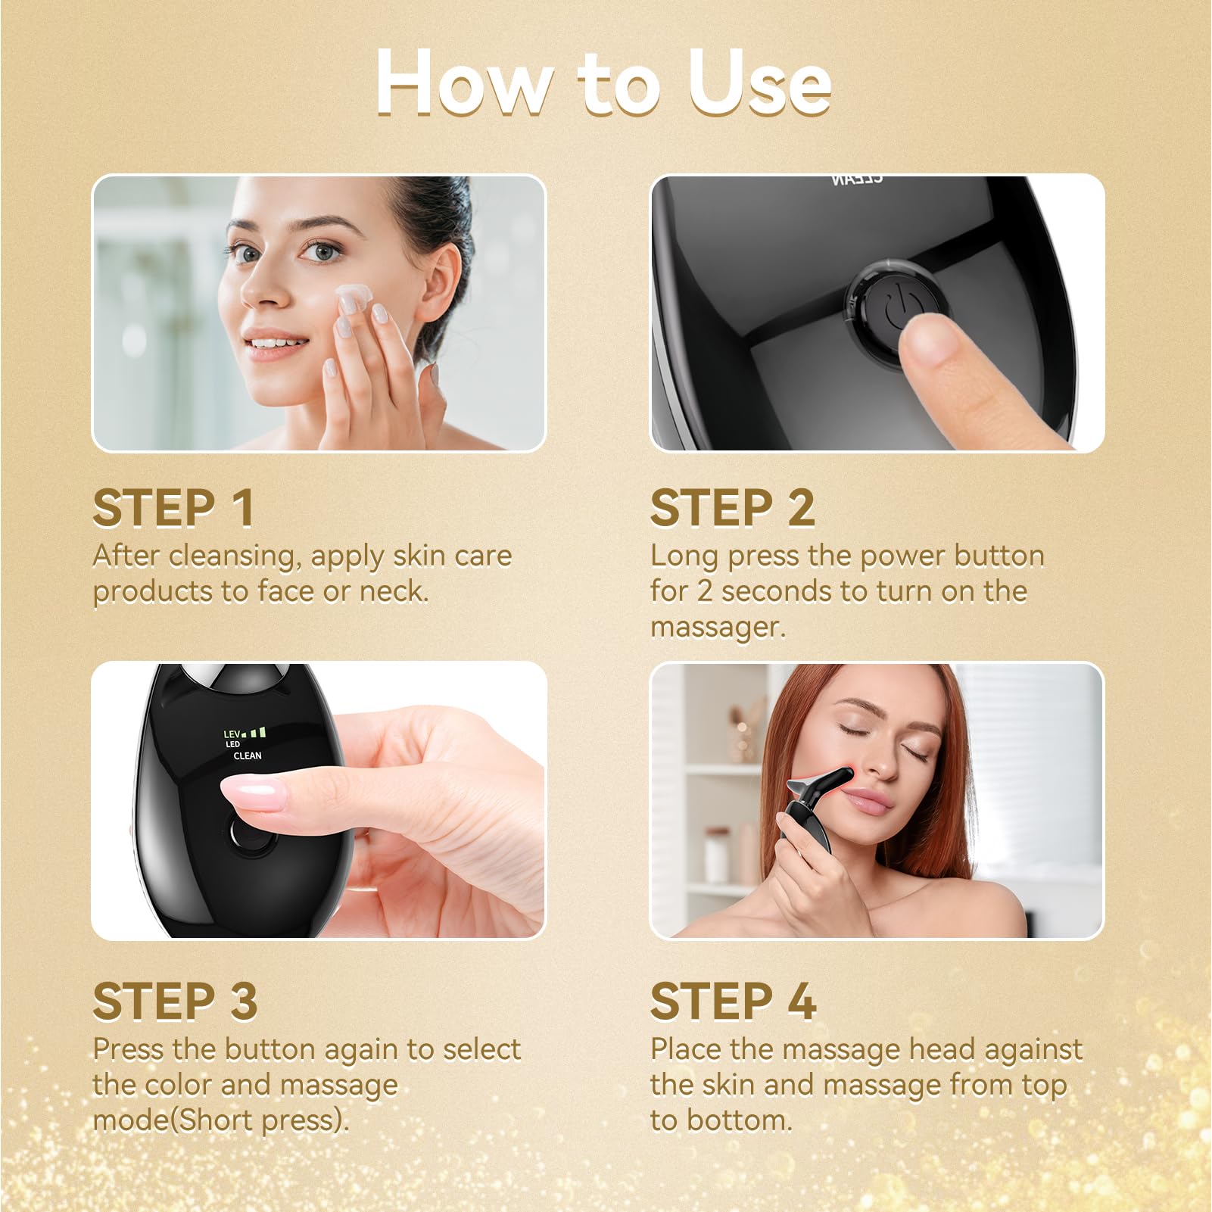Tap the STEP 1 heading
[173, 507]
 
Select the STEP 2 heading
[733, 507]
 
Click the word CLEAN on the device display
[248, 756]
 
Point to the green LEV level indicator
[245, 733]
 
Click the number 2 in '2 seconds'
[704, 592]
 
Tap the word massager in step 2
[718, 628]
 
